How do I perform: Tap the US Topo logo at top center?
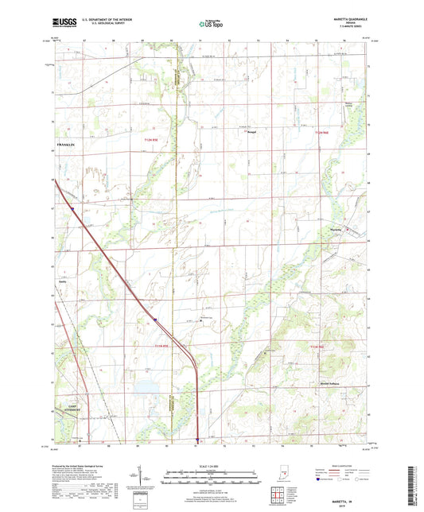pos(211,25)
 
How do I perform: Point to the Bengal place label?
pos(251,131)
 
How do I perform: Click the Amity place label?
pos(62,281)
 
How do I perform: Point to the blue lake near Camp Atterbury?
pos(146,388)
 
